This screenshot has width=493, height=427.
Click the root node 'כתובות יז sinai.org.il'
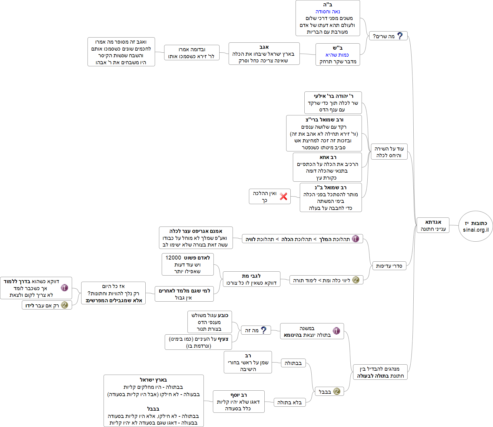click(x=475, y=226)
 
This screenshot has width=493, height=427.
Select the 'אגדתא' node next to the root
click(x=433, y=225)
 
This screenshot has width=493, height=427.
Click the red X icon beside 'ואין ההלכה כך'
click(x=283, y=196)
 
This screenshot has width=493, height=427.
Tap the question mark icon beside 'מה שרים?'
click(x=400, y=36)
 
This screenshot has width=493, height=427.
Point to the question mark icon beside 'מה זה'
click(x=264, y=330)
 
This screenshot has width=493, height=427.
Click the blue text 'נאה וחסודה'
click(x=328, y=12)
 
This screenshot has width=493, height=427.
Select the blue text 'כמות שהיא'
click(x=337, y=55)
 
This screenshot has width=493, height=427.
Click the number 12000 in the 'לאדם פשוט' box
click(x=173, y=258)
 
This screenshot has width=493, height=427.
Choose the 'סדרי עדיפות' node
click(x=389, y=266)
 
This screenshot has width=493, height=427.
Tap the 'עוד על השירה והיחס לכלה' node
click(x=389, y=152)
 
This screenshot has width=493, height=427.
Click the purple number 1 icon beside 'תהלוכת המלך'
click(x=356, y=239)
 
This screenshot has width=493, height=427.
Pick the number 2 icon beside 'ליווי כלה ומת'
click(x=356, y=280)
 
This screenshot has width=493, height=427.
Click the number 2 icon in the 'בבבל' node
click(x=336, y=391)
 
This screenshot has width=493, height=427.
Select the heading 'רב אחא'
click(x=328, y=157)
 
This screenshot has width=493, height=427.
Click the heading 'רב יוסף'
click(x=239, y=395)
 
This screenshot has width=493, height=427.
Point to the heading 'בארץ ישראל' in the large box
click(x=153, y=380)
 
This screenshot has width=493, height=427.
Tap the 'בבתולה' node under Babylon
click(x=293, y=363)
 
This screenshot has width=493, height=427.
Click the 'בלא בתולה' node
click(x=290, y=402)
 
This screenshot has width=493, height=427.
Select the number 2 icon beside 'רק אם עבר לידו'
click(x=64, y=305)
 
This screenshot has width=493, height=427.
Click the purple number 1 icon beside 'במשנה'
click(x=336, y=331)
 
